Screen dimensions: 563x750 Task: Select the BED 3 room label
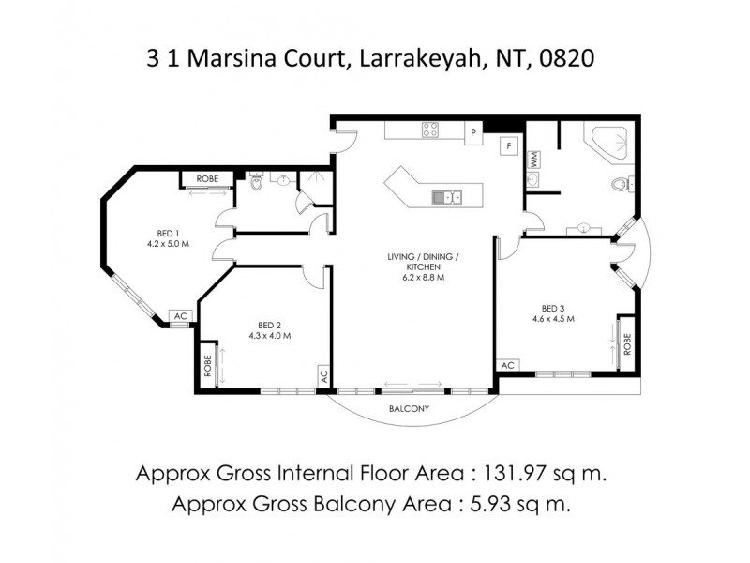point(552,308)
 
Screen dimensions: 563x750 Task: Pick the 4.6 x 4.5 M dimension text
point(552,319)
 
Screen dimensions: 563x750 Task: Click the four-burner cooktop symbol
point(431,130)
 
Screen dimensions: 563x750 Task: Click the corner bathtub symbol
point(608,144)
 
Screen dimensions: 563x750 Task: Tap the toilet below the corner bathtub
point(618,185)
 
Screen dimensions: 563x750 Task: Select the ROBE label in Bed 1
point(207,178)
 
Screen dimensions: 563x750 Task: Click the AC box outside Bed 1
point(180,317)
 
